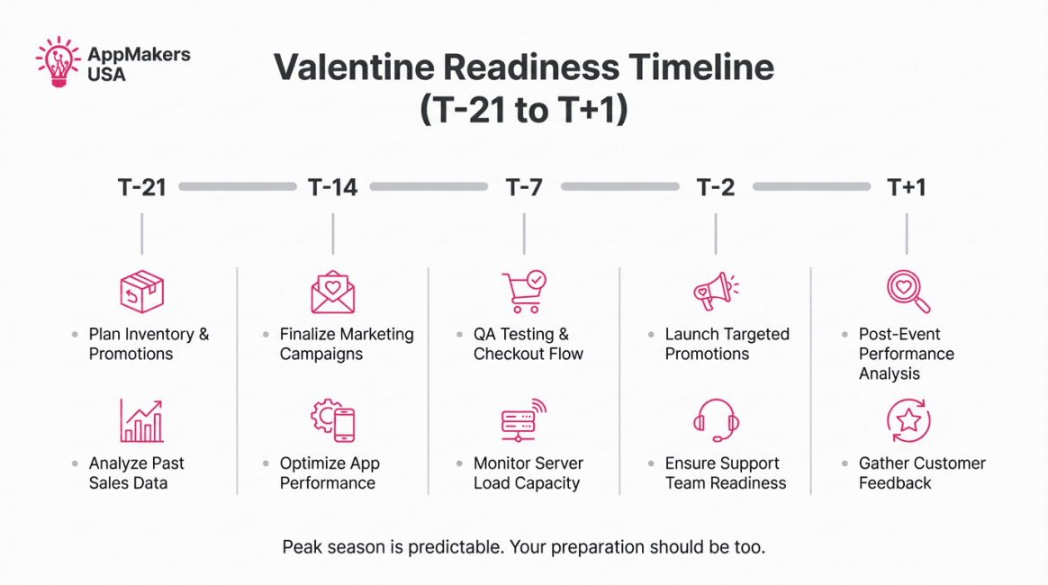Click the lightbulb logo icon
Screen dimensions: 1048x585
tap(59, 62)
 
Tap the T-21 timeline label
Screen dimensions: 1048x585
tap(141, 188)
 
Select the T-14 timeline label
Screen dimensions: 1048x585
tap(333, 188)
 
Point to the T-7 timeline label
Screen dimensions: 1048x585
tap(524, 188)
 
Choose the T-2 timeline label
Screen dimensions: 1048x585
tap(715, 188)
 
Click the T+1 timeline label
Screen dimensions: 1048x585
tap(907, 188)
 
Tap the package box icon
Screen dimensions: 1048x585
tap(141, 292)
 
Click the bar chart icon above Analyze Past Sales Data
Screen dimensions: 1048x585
tap(141, 420)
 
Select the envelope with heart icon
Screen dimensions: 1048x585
tap(333, 292)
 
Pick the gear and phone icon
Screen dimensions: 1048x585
tap(333, 420)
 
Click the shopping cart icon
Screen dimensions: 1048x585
tap(524, 292)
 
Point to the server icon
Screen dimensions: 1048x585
tap(524, 420)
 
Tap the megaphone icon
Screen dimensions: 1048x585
tap(715, 292)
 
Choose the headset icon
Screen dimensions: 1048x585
tap(715, 420)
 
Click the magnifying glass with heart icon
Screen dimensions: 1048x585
tap(908, 292)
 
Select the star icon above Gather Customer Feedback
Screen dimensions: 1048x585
tap(908, 420)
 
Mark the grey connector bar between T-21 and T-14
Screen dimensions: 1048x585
tap(238, 187)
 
